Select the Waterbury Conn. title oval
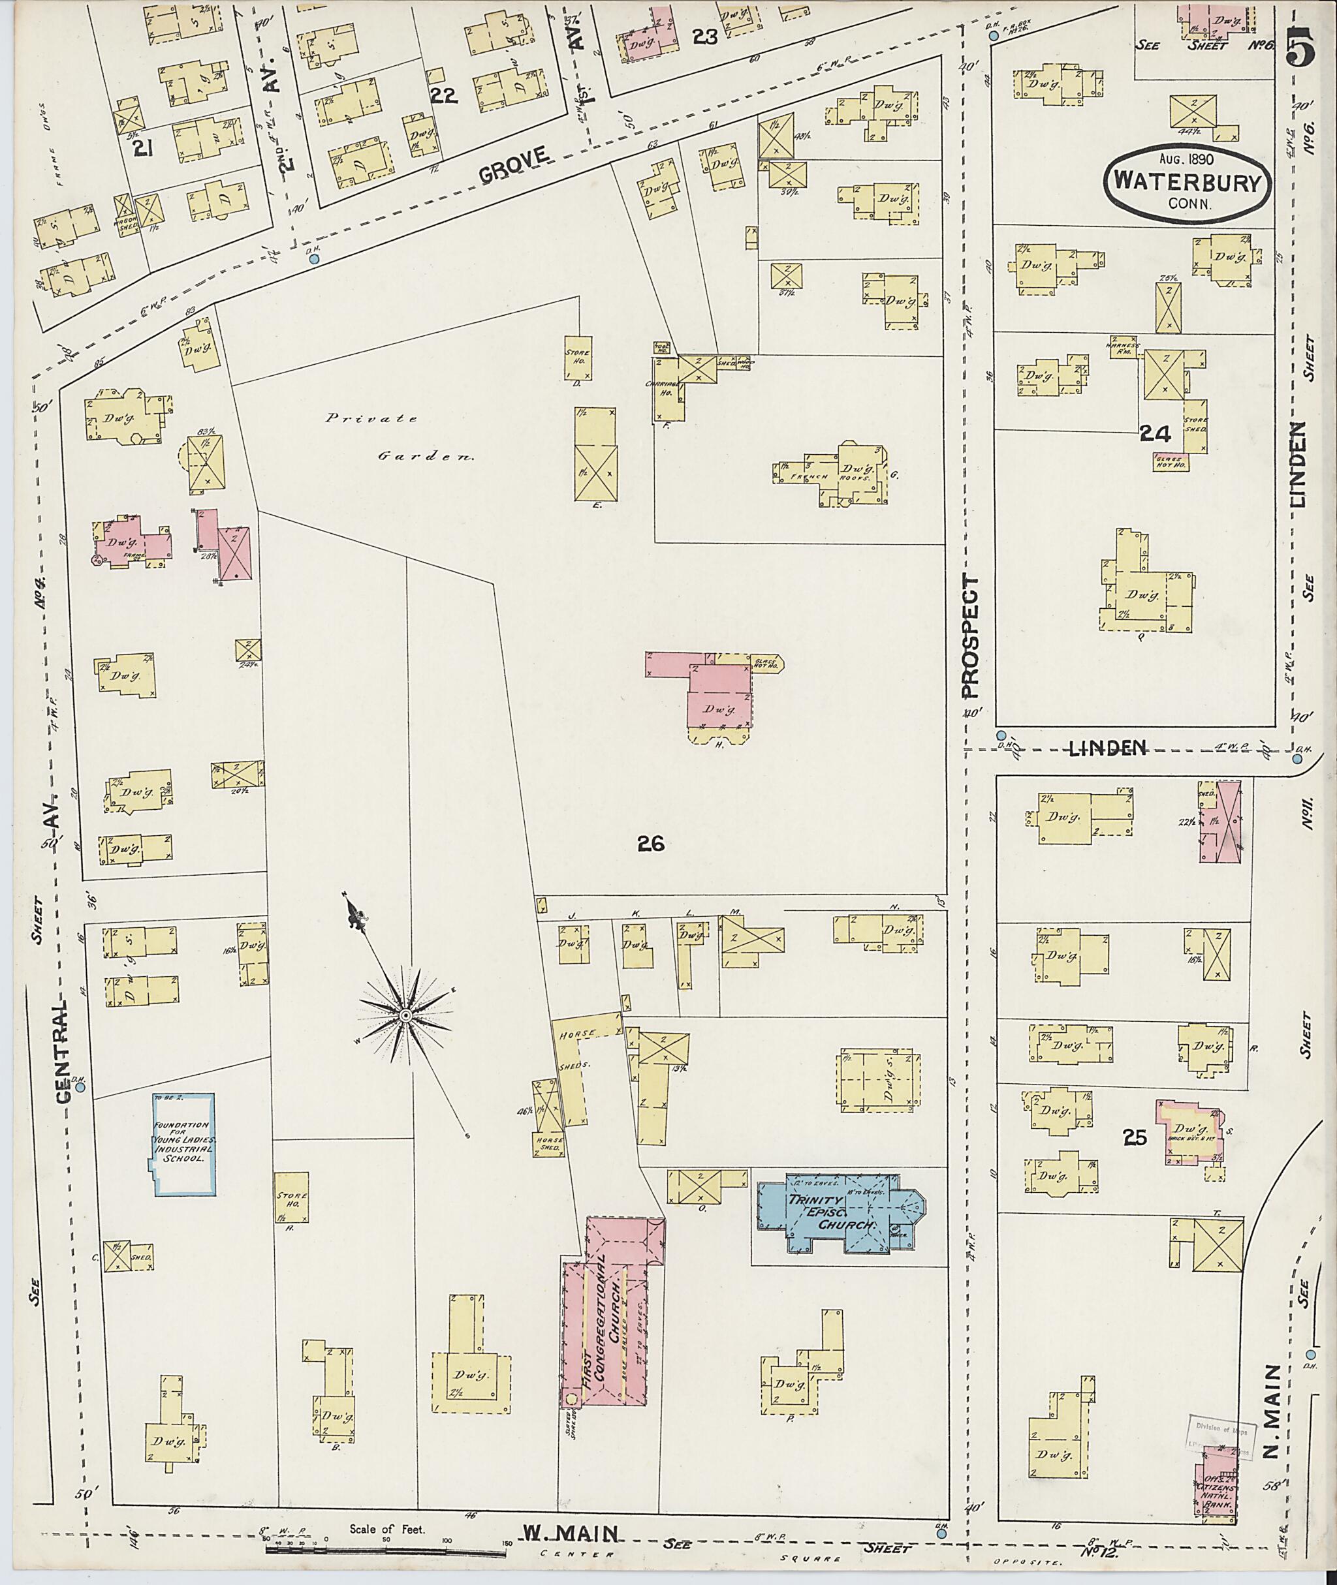pyautogui.click(x=1186, y=183)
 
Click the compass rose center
pyautogui.click(x=405, y=1015)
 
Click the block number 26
pyautogui.click(x=650, y=843)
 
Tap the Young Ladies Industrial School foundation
pyautogui.click(x=184, y=1144)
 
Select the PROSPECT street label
pyautogui.click(x=969, y=636)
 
